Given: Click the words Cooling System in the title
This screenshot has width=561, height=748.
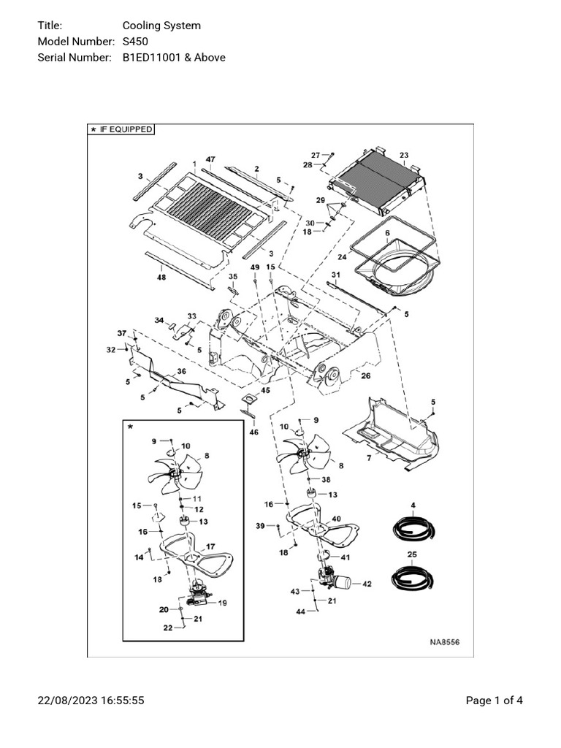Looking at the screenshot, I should (x=161, y=26).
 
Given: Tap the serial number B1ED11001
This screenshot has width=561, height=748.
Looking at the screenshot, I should (x=152, y=57).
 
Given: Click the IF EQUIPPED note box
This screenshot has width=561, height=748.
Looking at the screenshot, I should (x=121, y=129).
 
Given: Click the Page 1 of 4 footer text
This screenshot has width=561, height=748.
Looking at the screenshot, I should (x=494, y=701).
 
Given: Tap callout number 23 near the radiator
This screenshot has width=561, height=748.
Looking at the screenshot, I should (x=404, y=155).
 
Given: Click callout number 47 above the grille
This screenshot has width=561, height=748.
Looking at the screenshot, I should (x=210, y=159).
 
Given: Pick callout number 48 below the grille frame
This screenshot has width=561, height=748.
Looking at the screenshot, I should (x=160, y=277).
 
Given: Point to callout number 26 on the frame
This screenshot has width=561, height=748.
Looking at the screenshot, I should (x=366, y=377).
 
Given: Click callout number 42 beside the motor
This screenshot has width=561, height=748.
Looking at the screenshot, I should (x=367, y=584).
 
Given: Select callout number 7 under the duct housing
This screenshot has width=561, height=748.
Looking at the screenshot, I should (x=370, y=457).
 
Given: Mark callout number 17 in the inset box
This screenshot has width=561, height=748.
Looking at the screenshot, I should (x=210, y=546).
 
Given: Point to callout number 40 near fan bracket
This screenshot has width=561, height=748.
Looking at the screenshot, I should (x=336, y=519).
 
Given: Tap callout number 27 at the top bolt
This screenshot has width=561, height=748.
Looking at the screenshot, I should (x=315, y=155).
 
